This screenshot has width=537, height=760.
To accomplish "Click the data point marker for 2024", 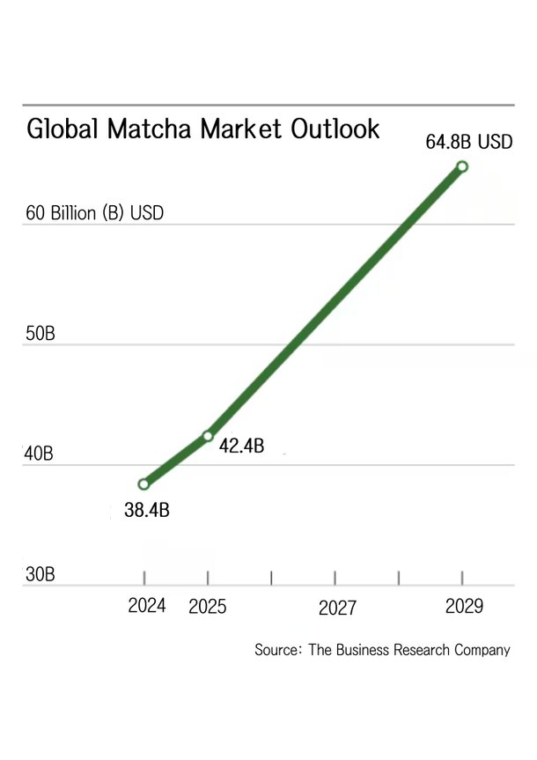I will click(x=143, y=483).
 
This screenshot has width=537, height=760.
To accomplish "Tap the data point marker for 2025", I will click(x=208, y=436).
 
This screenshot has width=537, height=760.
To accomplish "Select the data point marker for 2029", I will click(x=462, y=166).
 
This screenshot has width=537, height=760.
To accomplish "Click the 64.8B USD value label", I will click(x=469, y=141).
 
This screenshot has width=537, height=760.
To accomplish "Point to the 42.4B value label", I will click(x=241, y=446).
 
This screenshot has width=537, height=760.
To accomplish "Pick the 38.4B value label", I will click(x=146, y=510).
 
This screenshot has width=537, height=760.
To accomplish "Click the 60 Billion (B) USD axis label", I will click(x=95, y=213).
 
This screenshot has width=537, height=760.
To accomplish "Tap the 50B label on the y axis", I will click(x=40, y=335).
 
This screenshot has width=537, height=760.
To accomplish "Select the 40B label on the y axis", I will click(x=40, y=455).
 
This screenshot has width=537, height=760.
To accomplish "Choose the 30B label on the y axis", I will click(x=40, y=575).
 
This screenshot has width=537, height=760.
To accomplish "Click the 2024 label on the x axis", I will click(x=147, y=607).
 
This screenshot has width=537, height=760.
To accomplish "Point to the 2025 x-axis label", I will click(x=208, y=608).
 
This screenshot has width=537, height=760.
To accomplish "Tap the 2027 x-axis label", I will click(x=337, y=609).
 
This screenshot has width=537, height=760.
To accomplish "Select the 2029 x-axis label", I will click(x=464, y=607).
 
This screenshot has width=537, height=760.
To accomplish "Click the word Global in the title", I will click(x=63, y=129).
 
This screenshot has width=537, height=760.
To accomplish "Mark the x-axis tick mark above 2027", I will click(x=335, y=577).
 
